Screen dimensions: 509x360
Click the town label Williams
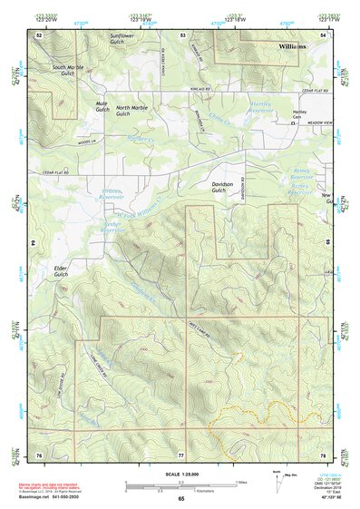tap(293, 45)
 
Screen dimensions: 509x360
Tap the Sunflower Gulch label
tap(127, 38)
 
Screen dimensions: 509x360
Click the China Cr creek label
tap(219, 116)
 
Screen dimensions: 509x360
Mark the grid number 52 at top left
tap(39, 34)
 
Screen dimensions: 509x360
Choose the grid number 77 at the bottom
tap(180, 453)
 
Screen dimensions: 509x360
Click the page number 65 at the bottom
tap(180, 499)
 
